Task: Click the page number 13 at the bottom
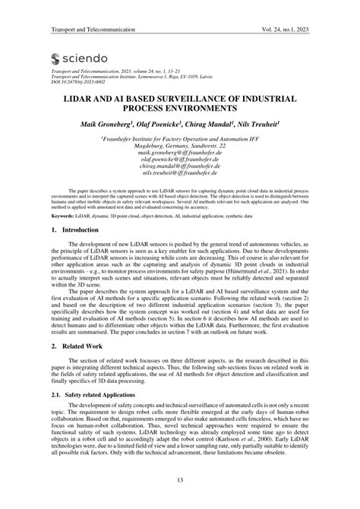click(180, 479)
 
